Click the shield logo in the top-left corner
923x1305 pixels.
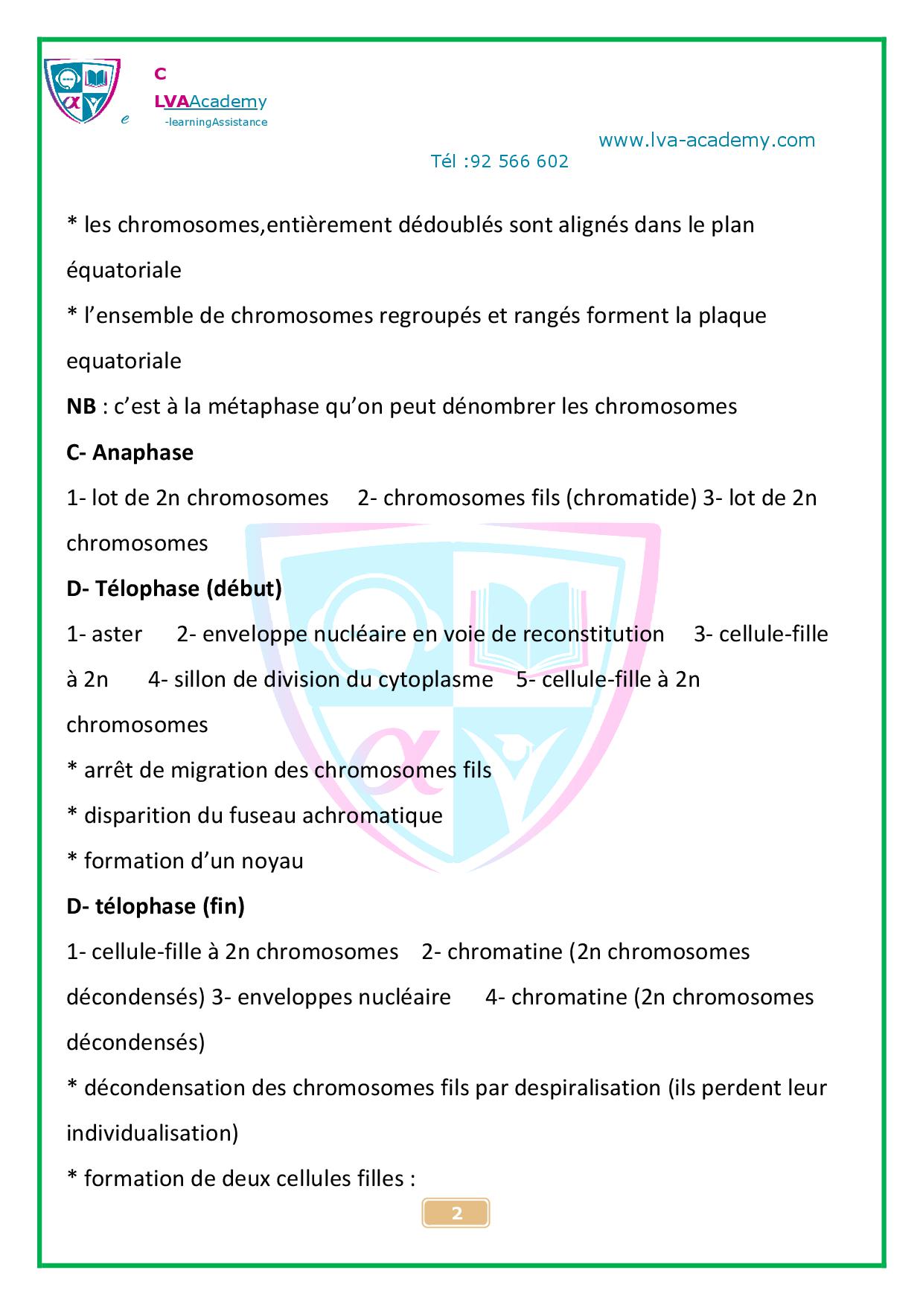82,91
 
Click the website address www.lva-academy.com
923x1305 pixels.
706,141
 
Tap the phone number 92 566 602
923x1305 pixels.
520,161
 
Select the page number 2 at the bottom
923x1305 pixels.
456,1213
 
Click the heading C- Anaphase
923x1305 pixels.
130,452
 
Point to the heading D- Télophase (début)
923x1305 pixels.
174,589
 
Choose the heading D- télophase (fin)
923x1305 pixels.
156,906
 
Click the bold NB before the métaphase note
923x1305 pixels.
80,407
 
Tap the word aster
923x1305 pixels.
116,634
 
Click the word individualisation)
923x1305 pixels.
153,1133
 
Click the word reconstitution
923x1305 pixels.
593,634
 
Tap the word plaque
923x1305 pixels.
732,315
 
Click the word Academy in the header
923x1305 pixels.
228,102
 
